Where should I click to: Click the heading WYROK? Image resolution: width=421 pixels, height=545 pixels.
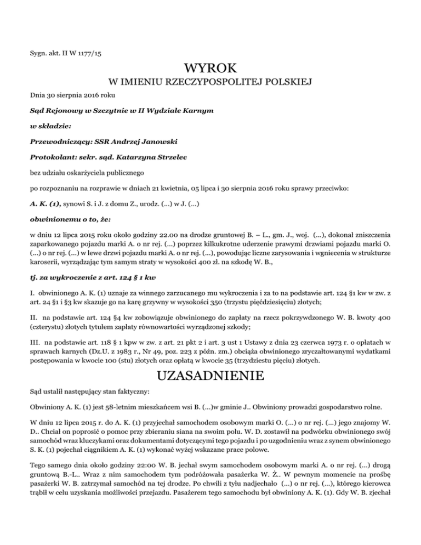point(210,70)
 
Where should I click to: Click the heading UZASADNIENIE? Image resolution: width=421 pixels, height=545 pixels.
point(210,377)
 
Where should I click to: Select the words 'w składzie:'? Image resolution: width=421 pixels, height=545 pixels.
point(50,126)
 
